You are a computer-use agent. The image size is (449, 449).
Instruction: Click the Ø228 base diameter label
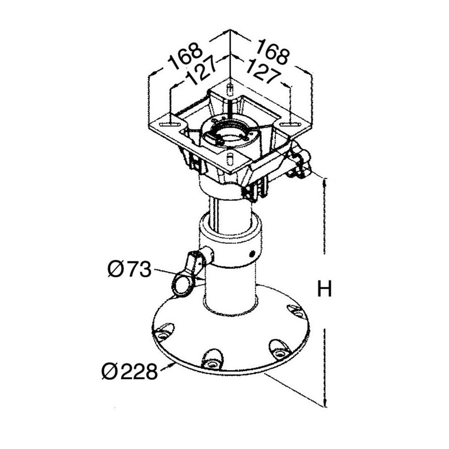point(130,371)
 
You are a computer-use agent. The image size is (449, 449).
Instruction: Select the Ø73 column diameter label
point(129,269)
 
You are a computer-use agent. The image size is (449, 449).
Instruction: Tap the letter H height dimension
point(324,289)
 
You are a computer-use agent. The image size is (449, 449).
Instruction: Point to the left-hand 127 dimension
point(201,70)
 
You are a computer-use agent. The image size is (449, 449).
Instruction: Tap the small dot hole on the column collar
point(252,253)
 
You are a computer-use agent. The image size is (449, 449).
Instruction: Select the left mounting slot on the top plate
point(171,125)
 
